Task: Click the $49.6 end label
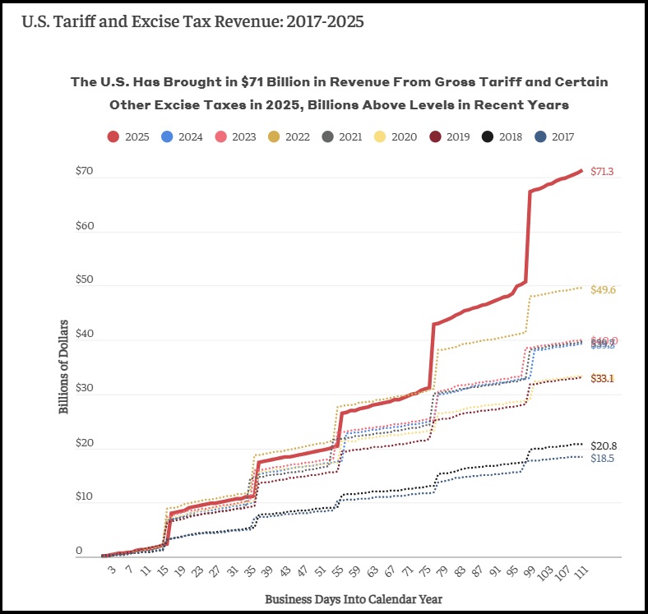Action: (603, 290)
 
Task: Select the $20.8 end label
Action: (603, 445)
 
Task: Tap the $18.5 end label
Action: (603, 458)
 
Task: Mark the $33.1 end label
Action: (603, 378)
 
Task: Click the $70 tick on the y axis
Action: (84, 172)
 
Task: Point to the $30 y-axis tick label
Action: (84, 389)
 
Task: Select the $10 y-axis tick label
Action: (84, 497)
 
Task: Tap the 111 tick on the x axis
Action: (581, 572)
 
